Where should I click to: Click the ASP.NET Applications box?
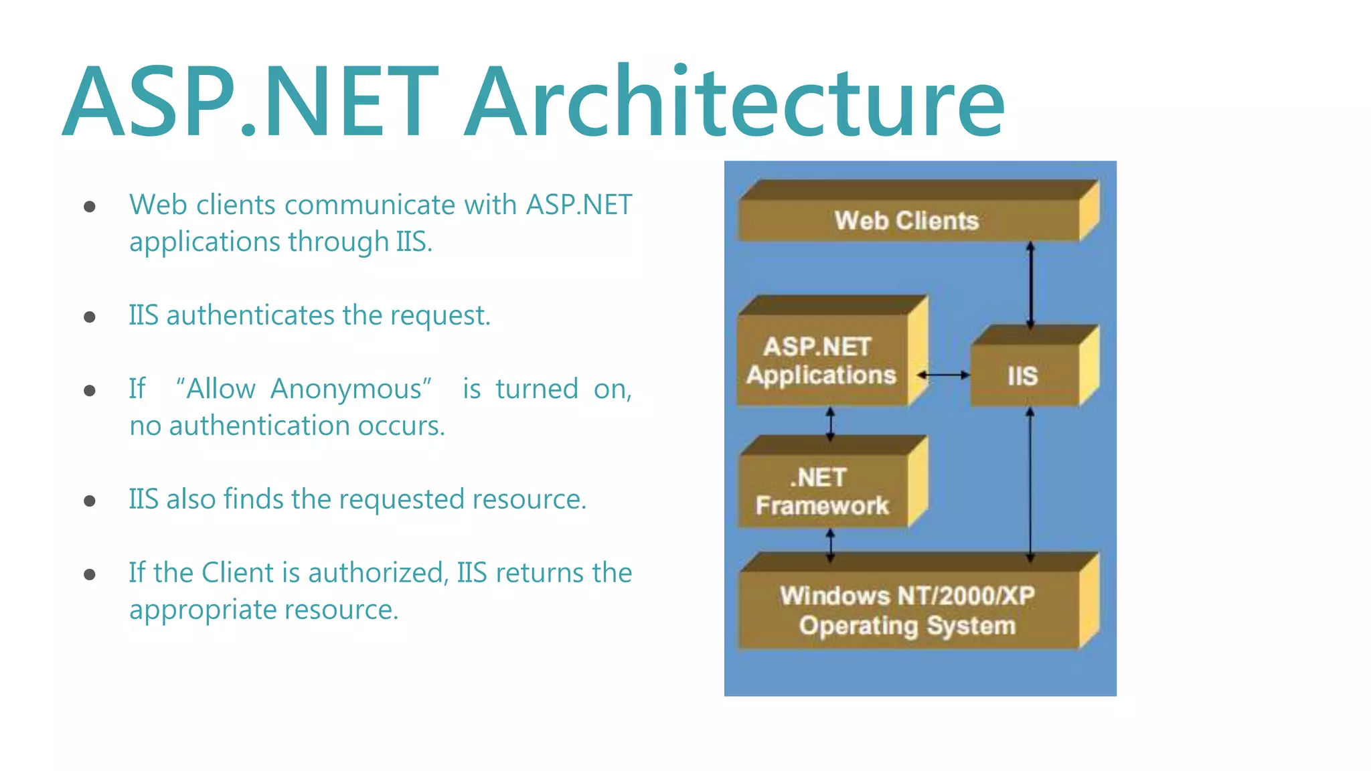[x=822, y=361]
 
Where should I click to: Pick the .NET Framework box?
[x=822, y=491]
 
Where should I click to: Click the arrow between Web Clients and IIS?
[x=1031, y=284]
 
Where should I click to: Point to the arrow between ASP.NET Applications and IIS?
[x=943, y=375]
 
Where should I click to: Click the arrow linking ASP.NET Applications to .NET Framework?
[x=830, y=424]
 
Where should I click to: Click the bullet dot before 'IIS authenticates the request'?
[x=90, y=317]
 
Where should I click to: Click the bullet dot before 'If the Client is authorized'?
[x=90, y=574]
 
